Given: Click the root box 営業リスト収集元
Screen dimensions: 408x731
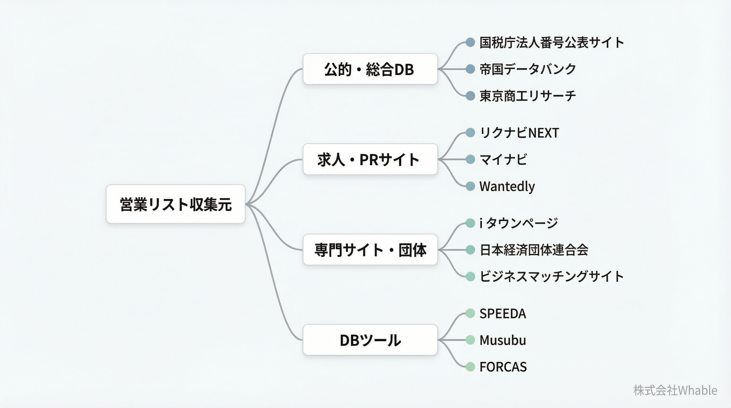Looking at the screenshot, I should (x=175, y=204).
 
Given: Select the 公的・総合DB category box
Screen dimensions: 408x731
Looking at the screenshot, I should (x=370, y=69).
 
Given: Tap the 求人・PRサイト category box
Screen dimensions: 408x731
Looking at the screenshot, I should (x=370, y=159).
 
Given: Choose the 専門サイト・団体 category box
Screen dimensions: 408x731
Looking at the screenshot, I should (x=370, y=250).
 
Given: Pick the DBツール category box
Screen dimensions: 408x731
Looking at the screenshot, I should (x=370, y=340).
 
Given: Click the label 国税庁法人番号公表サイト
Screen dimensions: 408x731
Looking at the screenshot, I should (x=551, y=42).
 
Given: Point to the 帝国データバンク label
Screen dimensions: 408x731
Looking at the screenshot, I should (x=527, y=69).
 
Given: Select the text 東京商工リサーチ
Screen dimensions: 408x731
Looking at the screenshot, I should (x=527, y=96).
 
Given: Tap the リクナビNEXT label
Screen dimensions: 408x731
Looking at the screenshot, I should (x=519, y=133).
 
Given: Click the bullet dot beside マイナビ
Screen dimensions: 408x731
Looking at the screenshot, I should (x=470, y=159).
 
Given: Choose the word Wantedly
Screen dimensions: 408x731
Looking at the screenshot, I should (x=507, y=186).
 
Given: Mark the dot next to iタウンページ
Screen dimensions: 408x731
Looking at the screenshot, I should (x=470, y=223).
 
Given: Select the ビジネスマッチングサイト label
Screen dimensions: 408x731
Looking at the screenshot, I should (x=551, y=276).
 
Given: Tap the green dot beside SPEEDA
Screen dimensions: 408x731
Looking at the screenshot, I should (x=470, y=313).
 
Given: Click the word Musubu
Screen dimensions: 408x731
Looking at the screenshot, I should (x=503, y=340).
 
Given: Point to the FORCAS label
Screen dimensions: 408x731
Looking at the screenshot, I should (x=503, y=367).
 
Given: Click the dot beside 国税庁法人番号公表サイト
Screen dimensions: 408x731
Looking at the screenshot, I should (x=470, y=42).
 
